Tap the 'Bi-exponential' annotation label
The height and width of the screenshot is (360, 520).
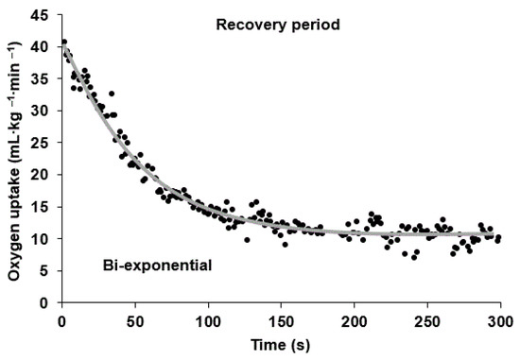[x=155, y=267]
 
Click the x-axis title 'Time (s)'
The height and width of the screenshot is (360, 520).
[x=280, y=345]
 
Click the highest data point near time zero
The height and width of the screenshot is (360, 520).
[x=63, y=42]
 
